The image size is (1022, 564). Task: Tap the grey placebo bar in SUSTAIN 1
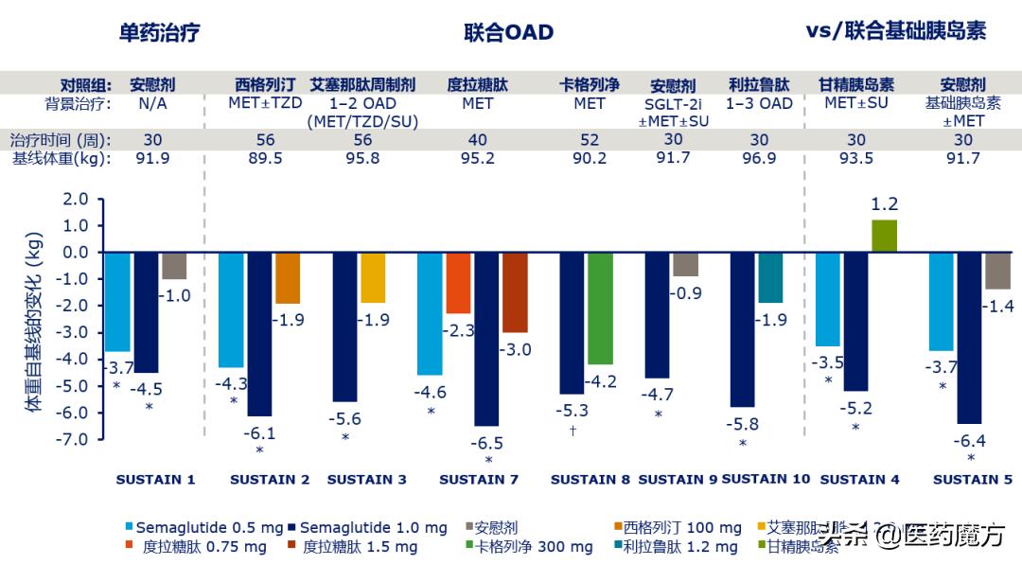click(x=174, y=266)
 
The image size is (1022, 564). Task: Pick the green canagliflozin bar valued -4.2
click(x=600, y=308)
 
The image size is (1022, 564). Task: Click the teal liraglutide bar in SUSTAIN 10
click(x=770, y=278)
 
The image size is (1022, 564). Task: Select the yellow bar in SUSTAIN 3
click(x=373, y=278)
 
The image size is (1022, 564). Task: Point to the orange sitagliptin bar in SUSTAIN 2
click(x=288, y=278)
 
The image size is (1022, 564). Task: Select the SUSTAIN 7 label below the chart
click(x=479, y=480)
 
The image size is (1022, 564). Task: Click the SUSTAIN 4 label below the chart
click(x=859, y=480)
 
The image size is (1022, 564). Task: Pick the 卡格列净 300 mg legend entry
click(x=529, y=547)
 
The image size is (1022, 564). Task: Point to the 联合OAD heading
click(x=508, y=32)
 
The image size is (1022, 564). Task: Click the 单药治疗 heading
click(x=159, y=32)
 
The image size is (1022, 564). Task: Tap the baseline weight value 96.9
click(x=759, y=158)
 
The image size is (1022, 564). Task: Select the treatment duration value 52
click(x=590, y=139)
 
